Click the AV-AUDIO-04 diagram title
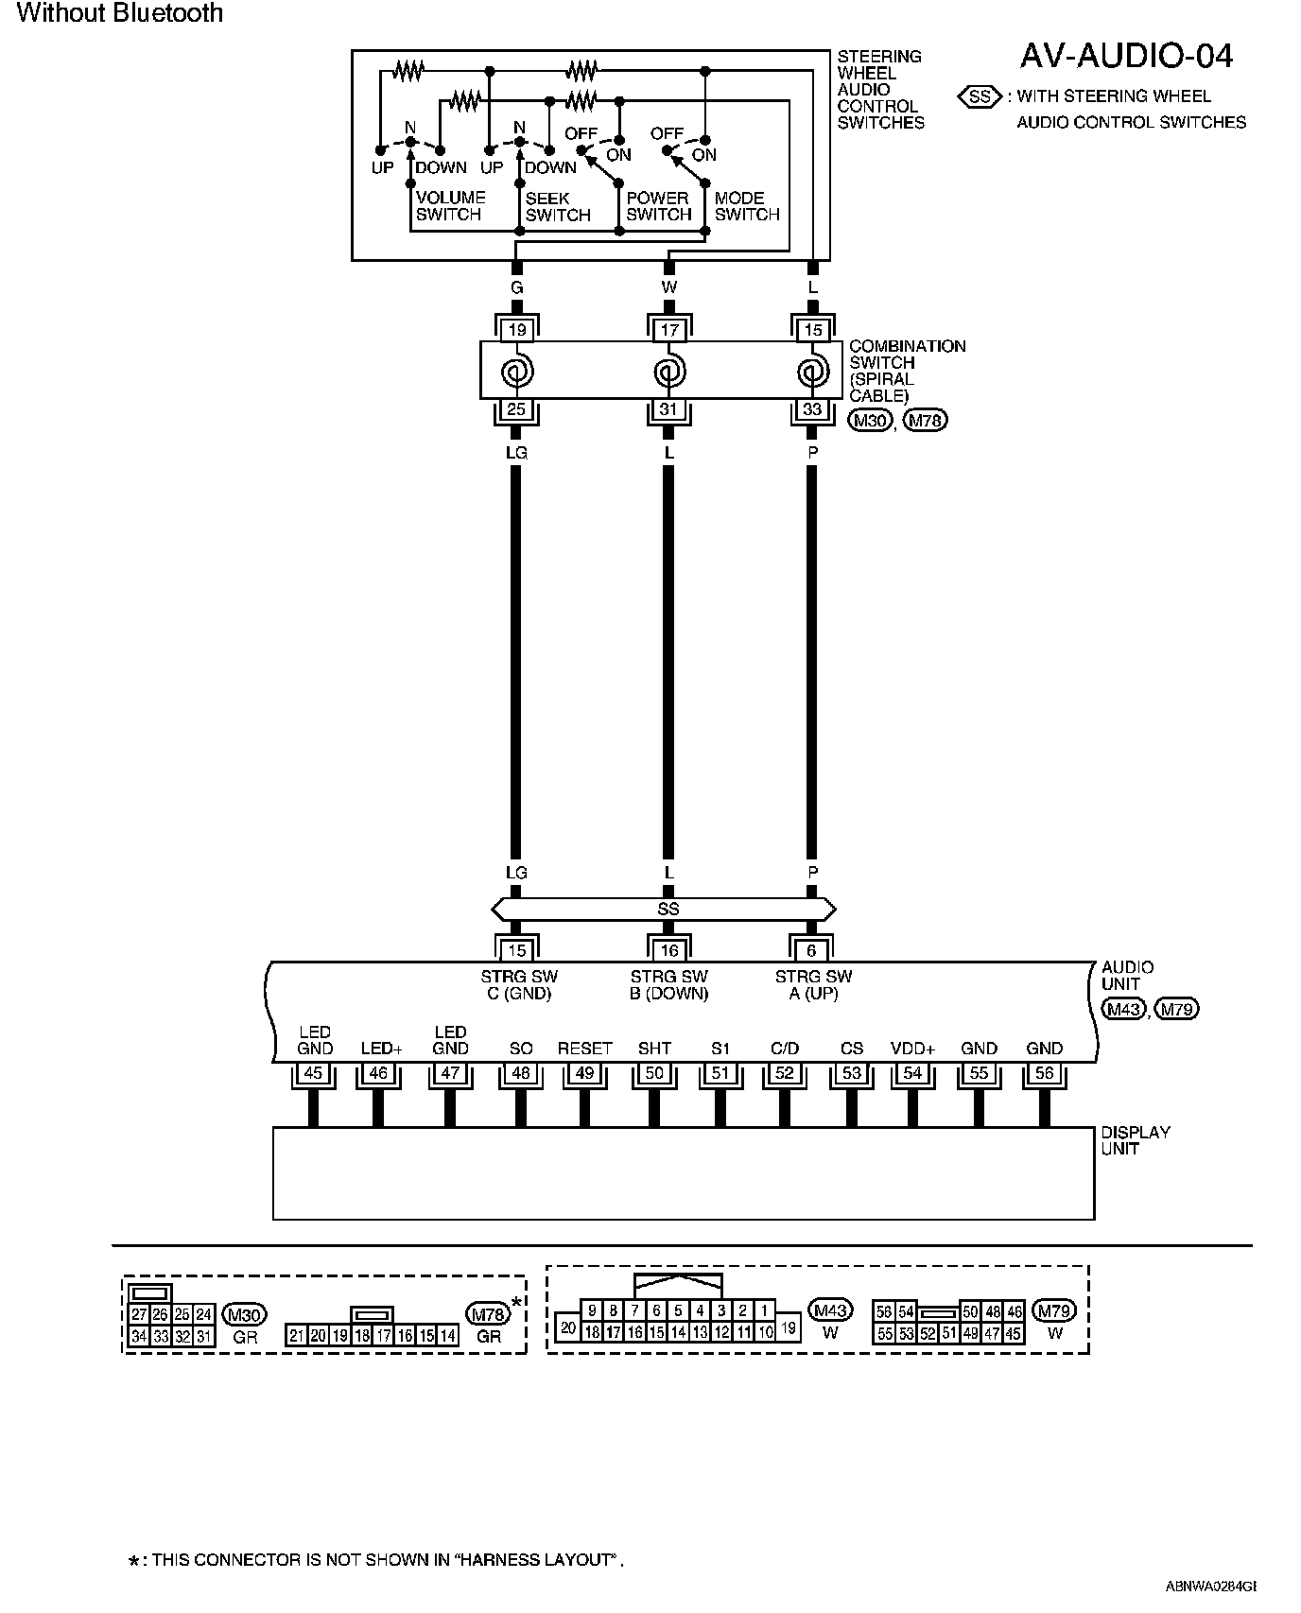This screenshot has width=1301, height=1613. click(x=1125, y=57)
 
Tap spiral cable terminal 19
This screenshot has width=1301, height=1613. click(x=516, y=330)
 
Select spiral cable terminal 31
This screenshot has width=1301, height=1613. click(x=668, y=410)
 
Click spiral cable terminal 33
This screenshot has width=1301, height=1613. click(x=812, y=410)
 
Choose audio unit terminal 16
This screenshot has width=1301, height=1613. click(x=668, y=950)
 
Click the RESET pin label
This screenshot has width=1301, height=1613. click(x=584, y=1049)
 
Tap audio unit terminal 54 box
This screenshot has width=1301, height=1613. click(x=912, y=1073)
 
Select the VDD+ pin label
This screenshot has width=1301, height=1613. click(x=912, y=1049)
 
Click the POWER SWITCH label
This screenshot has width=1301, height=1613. click(x=658, y=206)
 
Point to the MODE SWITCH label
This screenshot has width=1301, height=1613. click(x=746, y=206)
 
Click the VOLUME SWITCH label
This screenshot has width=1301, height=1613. click(x=450, y=206)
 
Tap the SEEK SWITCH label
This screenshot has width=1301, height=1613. click(x=557, y=206)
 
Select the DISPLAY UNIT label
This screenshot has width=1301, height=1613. click(x=1135, y=1140)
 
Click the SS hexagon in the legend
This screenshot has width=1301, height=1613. click(x=980, y=96)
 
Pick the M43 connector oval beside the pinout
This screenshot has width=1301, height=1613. click(x=830, y=1310)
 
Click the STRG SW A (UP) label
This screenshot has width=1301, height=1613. click(x=813, y=984)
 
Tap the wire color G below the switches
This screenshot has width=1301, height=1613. click(x=516, y=287)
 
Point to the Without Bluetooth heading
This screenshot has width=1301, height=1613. click(x=120, y=13)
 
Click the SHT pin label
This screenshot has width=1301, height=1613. click(x=654, y=1049)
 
